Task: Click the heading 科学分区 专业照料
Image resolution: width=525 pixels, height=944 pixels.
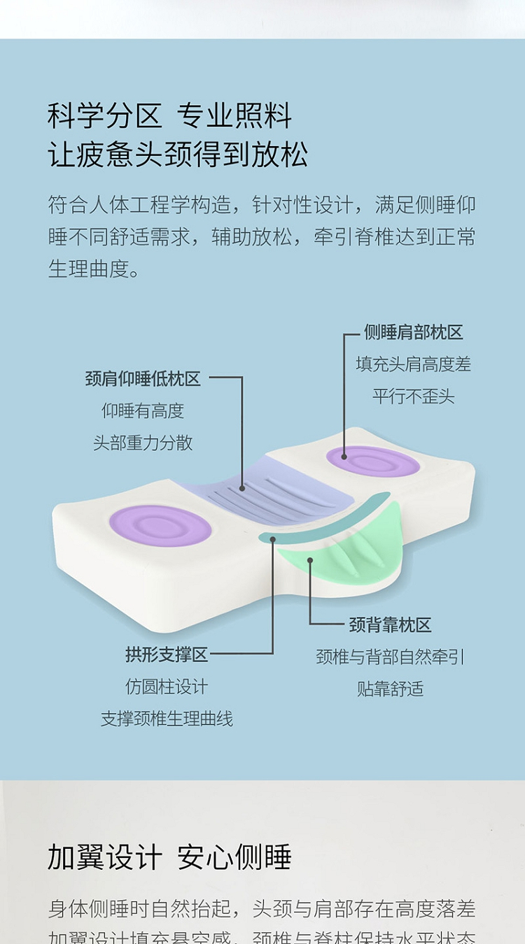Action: (169, 115)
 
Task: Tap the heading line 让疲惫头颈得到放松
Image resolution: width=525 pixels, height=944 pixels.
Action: (178, 155)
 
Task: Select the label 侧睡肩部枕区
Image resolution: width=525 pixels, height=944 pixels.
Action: (413, 332)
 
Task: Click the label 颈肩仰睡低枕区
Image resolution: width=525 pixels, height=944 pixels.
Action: (143, 379)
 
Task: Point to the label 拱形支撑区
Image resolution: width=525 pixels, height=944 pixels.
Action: (167, 655)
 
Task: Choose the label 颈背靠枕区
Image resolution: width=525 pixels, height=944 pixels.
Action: (390, 624)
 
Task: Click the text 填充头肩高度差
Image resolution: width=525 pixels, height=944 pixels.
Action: (413, 364)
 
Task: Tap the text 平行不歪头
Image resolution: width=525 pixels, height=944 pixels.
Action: (413, 396)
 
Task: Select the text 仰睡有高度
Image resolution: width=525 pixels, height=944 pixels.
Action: (143, 411)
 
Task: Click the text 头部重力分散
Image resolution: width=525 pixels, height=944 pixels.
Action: (143, 443)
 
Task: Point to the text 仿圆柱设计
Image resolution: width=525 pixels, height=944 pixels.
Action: (167, 687)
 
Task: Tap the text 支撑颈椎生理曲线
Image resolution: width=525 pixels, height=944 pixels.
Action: (167, 719)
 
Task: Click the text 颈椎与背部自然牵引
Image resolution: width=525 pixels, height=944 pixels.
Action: (390, 657)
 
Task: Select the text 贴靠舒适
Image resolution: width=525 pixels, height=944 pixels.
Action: (390, 689)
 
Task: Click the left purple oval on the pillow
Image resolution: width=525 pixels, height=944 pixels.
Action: (160, 525)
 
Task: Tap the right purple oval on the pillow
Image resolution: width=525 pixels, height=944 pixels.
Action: (373, 462)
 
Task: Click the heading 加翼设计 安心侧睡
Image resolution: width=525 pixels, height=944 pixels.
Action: (169, 857)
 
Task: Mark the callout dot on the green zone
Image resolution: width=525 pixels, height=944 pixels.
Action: (309, 559)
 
